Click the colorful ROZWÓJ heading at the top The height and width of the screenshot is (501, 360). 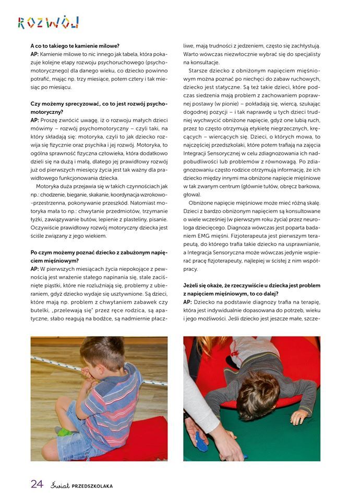[48, 22]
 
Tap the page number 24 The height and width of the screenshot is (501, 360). [37, 484]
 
